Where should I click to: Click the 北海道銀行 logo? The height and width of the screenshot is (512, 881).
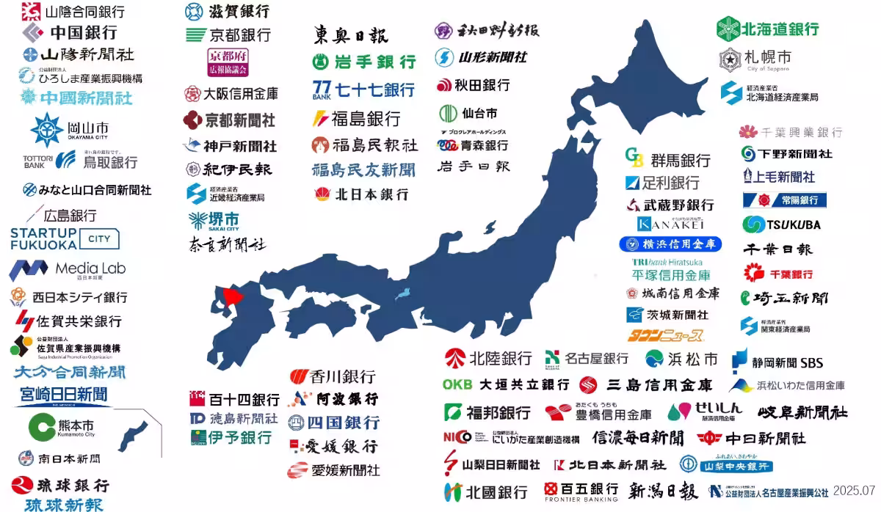[x=768, y=29]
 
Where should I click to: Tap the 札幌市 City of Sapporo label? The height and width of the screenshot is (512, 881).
[x=755, y=58]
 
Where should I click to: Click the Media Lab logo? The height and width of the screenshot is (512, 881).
[x=68, y=269]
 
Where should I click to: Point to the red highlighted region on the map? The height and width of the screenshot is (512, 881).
[x=233, y=297]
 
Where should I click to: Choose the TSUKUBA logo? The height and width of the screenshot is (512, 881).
[x=781, y=224]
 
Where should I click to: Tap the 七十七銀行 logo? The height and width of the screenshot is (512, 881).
[x=363, y=89]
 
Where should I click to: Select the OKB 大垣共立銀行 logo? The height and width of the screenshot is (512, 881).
[x=506, y=384]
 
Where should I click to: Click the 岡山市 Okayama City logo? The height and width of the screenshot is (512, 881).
[x=69, y=130]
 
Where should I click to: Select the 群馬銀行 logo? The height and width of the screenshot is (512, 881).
[x=667, y=159]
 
